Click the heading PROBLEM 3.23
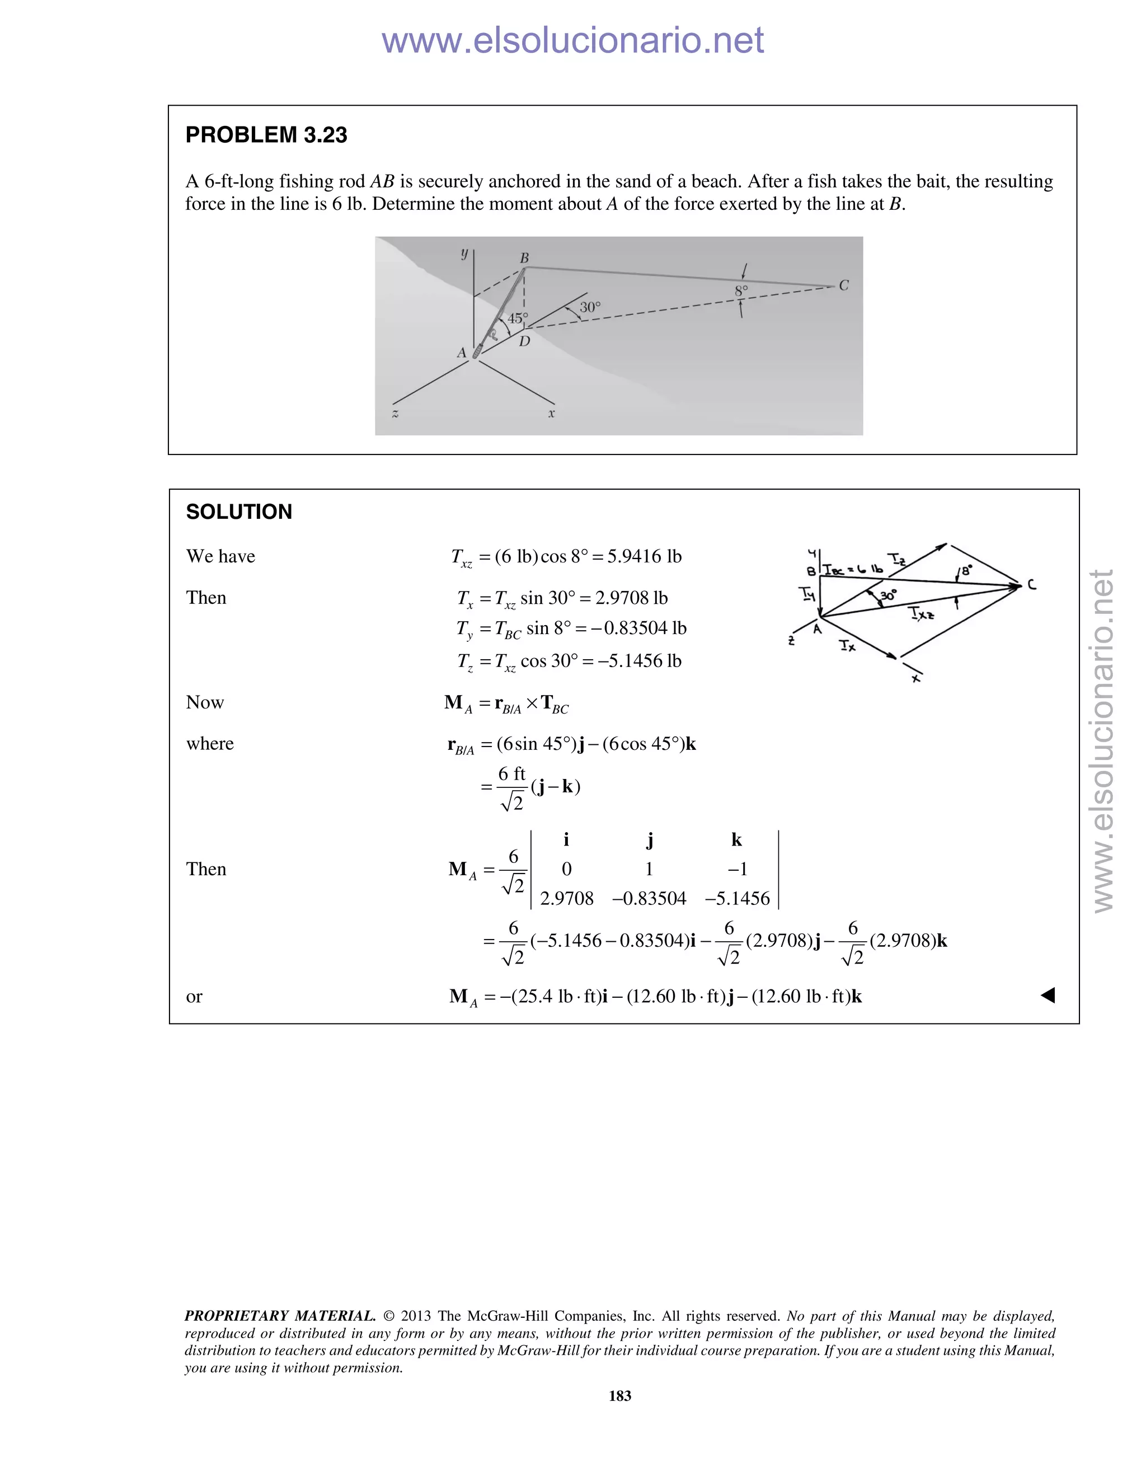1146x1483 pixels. coord(266,135)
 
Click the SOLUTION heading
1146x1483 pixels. coord(239,512)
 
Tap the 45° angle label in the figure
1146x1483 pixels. coord(518,318)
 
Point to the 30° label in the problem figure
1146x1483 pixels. coord(590,307)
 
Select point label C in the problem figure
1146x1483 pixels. coord(844,286)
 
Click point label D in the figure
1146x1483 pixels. coord(524,341)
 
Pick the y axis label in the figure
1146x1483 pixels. coord(464,254)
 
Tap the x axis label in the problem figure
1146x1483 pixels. coord(551,414)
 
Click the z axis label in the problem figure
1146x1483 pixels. coord(395,414)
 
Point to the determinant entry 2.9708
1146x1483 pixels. coord(566,899)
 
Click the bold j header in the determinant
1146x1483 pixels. coord(650,841)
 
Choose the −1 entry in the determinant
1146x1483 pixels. coord(738,870)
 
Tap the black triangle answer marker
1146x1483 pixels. coord(1048,996)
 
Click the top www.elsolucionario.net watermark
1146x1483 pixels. coord(572,40)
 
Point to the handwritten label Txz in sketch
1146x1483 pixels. coord(920,614)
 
